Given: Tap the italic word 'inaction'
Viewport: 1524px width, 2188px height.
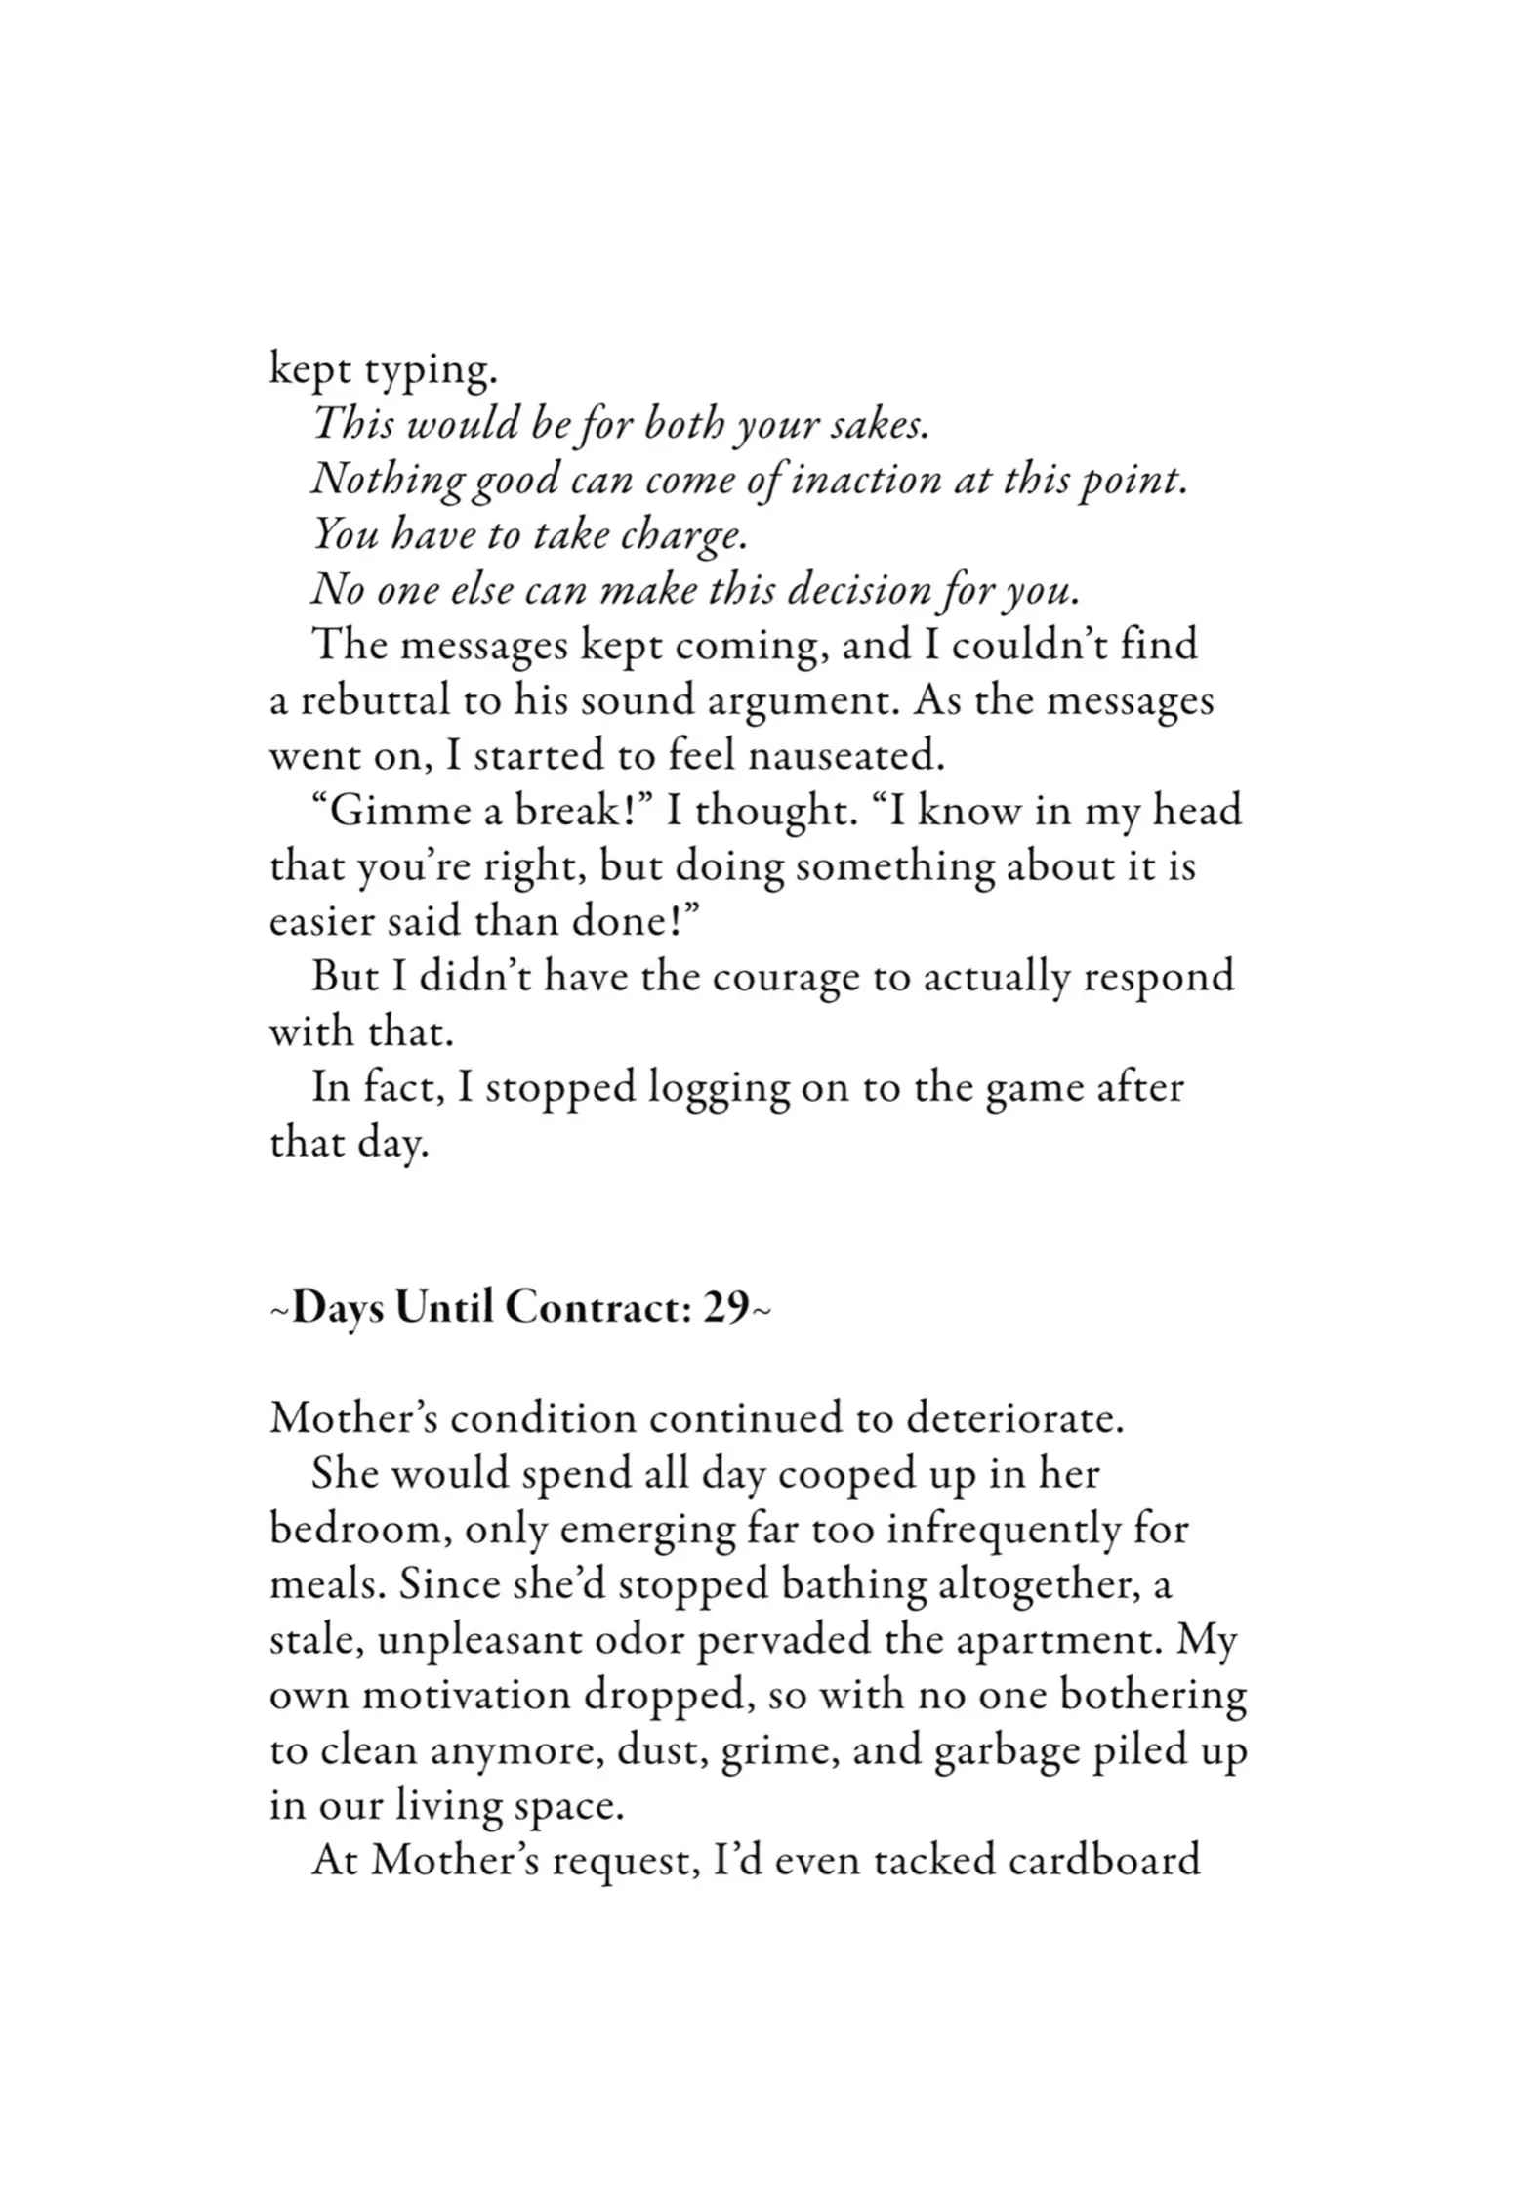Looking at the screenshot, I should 862,481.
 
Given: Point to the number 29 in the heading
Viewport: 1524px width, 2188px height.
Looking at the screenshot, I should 725,1308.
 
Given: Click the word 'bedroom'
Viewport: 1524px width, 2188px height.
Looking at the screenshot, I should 357,1529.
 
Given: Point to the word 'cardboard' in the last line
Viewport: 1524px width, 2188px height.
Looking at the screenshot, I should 1102,1860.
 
